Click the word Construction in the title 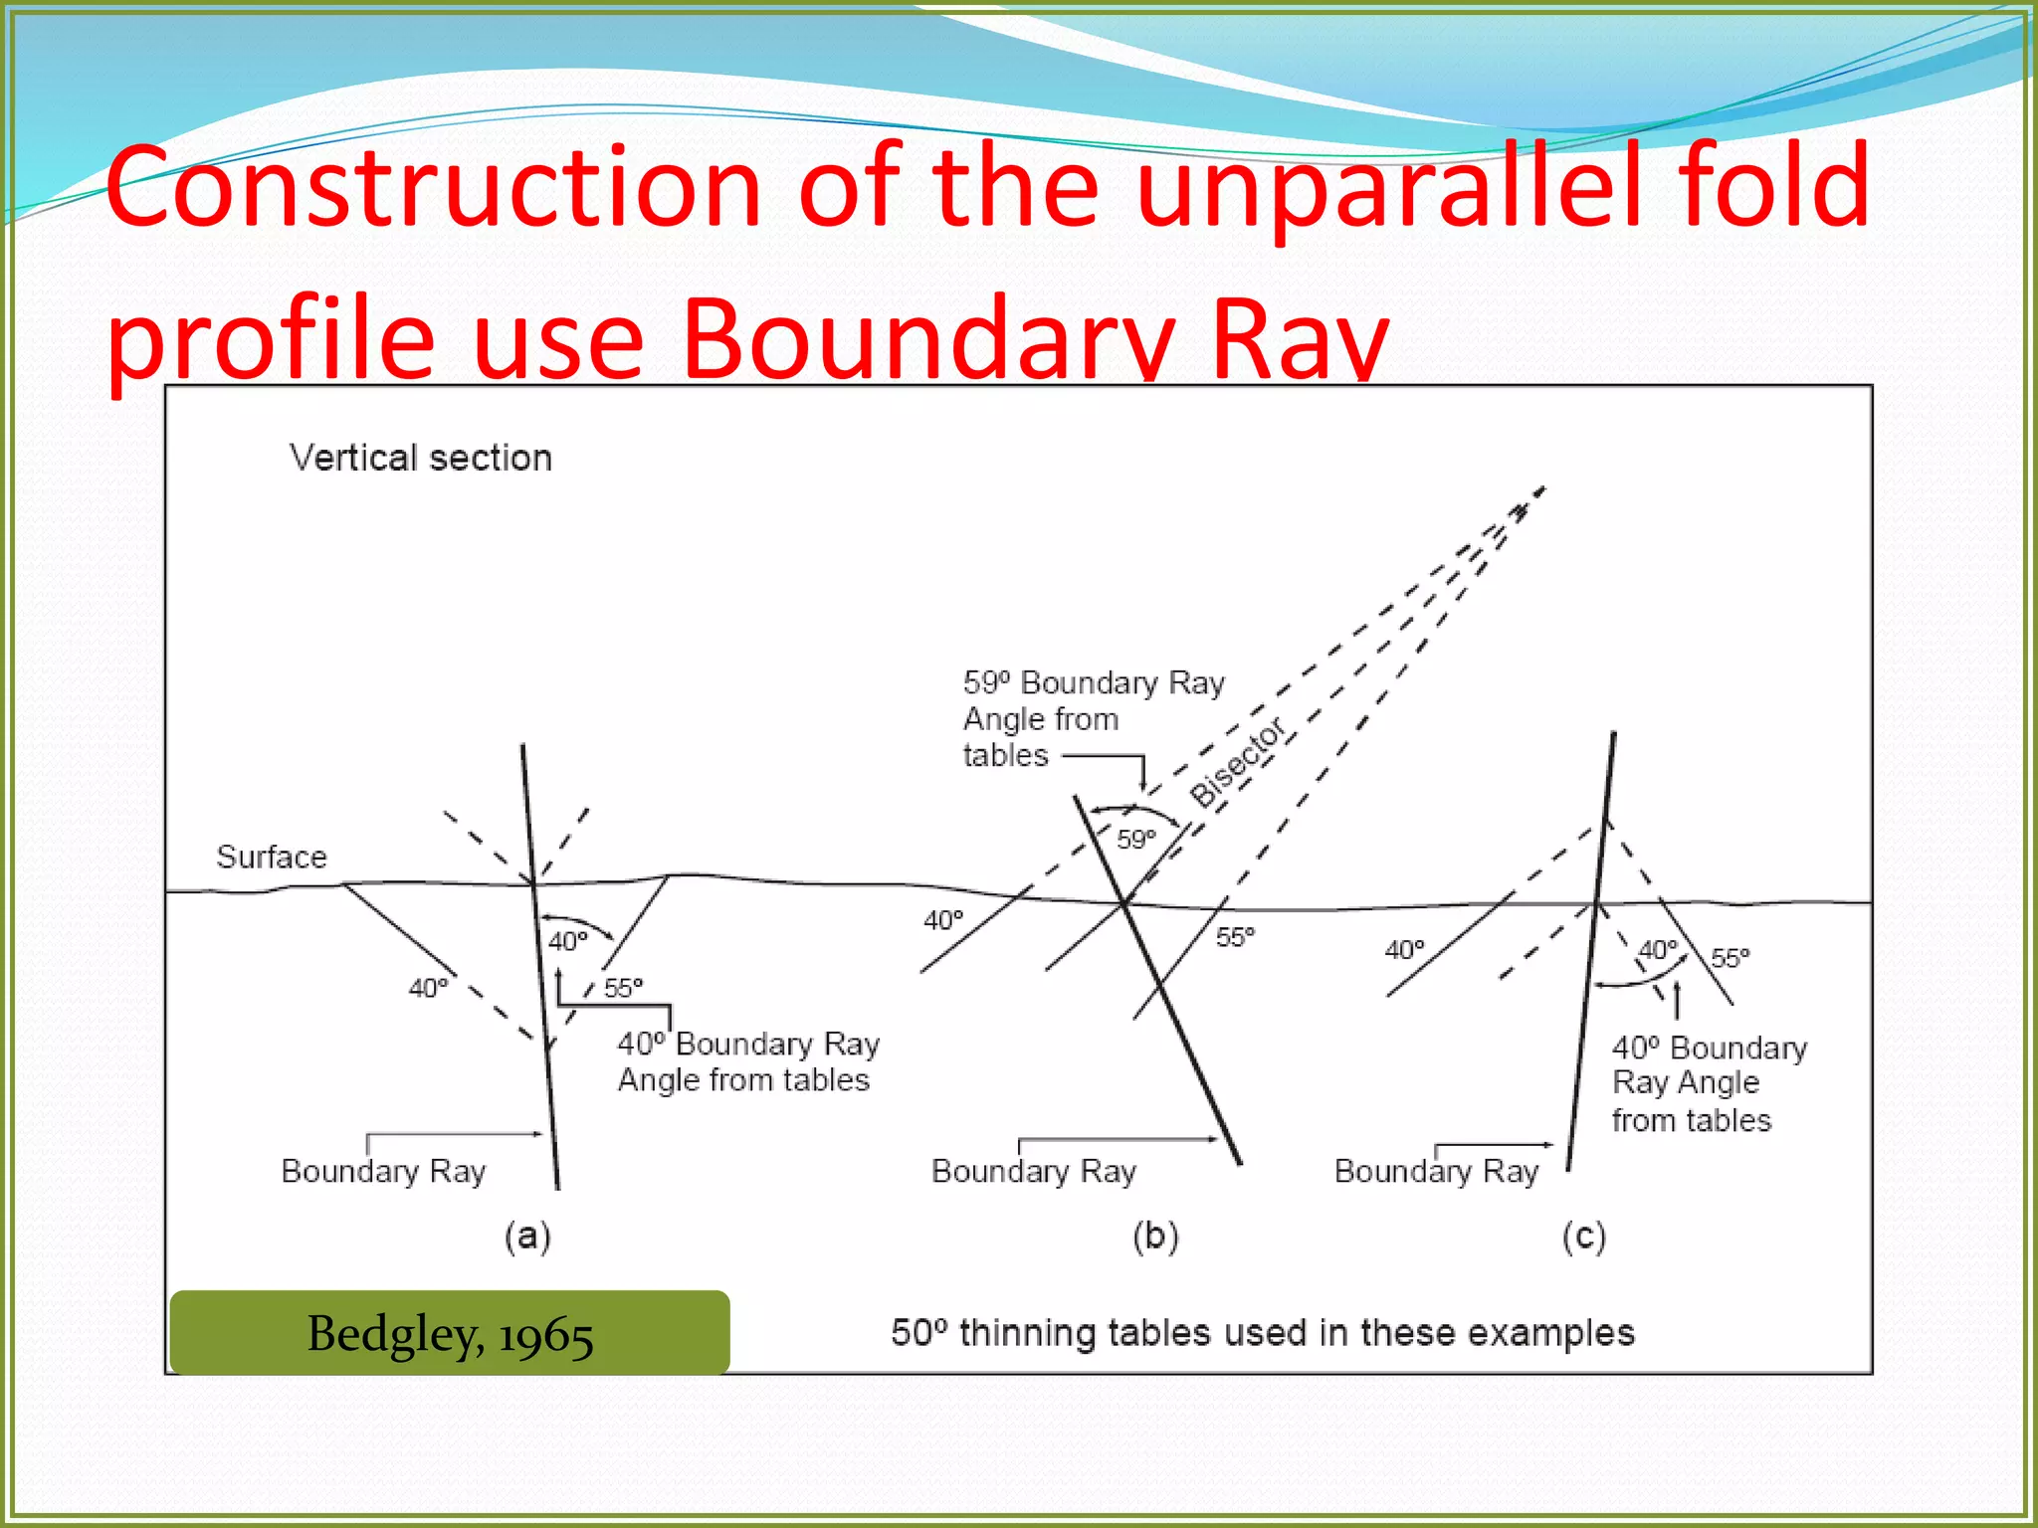tap(434, 187)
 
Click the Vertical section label tap(421, 458)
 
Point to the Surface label tap(271, 857)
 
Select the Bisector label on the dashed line tap(1238, 762)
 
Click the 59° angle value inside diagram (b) tap(1135, 839)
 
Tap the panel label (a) tap(527, 1237)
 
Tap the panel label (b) tap(1155, 1237)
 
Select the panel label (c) tap(1583, 1237)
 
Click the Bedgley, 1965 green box tap(450, 1333)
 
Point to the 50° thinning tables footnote tap(1262, 1333)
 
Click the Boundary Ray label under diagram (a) tap(383, 1171)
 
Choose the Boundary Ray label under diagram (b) tap(1033, 1171)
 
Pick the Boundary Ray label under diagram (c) tap(1436, 1171)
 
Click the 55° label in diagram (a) tap(624, 988)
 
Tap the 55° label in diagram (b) tap(1235, 937)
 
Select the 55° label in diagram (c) tap(1730, 958)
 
